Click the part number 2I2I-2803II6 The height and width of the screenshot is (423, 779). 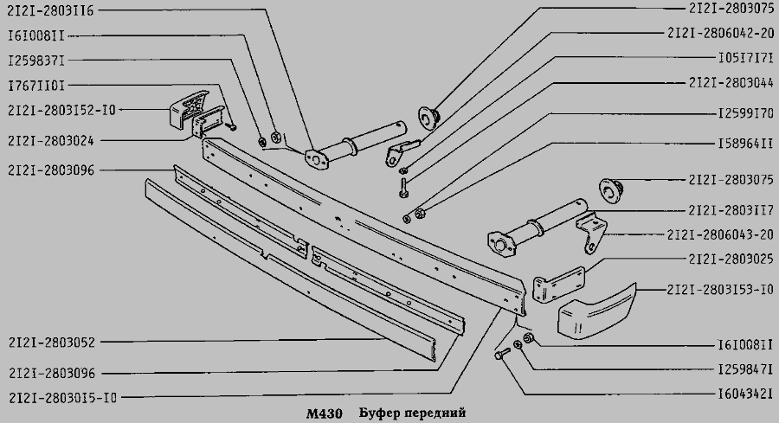click(51, 10)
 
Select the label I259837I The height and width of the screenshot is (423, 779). click(36, 61)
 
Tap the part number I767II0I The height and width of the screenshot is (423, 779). click(36, 86)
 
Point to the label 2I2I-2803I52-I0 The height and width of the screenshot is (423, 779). click(61, 110)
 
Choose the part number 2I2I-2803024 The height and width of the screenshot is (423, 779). click(51, 141)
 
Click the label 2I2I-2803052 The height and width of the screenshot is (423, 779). click(52, 343)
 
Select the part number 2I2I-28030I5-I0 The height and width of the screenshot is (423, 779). click(62, 398)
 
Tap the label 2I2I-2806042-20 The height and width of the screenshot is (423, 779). click(721, 33)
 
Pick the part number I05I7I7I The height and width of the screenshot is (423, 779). click(746, 58)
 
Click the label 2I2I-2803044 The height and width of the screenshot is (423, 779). click(731, 82)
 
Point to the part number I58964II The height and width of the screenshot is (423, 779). click(746, 144)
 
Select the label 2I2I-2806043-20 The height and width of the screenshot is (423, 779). click(721, 234)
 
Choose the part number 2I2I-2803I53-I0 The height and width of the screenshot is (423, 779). click(721, 290)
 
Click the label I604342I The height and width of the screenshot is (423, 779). click(746, 394)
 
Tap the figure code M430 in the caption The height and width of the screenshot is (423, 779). click(324, 413)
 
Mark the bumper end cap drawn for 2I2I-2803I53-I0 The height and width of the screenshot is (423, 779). click(596, 311)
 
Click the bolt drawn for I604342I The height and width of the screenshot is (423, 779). click(502, 354)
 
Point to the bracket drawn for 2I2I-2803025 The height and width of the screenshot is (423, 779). click(559, 284)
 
